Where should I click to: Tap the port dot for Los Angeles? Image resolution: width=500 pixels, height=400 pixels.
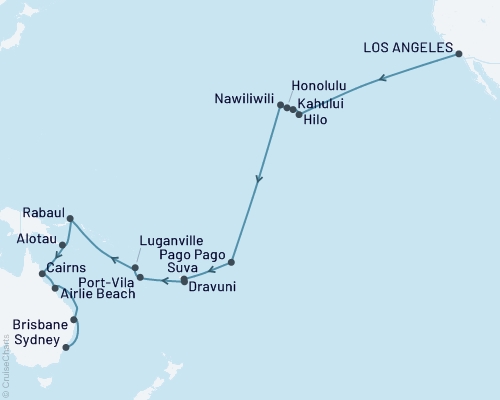point(458,54)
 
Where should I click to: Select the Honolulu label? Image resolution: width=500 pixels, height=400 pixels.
point(318,86)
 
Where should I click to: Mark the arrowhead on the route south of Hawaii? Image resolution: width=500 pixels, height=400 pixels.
point(259,181)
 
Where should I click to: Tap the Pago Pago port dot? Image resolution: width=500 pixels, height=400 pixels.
point(231,262)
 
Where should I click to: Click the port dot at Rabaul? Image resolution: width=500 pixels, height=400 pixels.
point(70,218)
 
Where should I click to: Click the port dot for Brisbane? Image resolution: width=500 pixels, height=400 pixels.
point(75,320)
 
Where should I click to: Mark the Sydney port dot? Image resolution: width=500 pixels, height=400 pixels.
point(67,348)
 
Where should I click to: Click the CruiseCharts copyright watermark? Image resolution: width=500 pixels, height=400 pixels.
point(6,364)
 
